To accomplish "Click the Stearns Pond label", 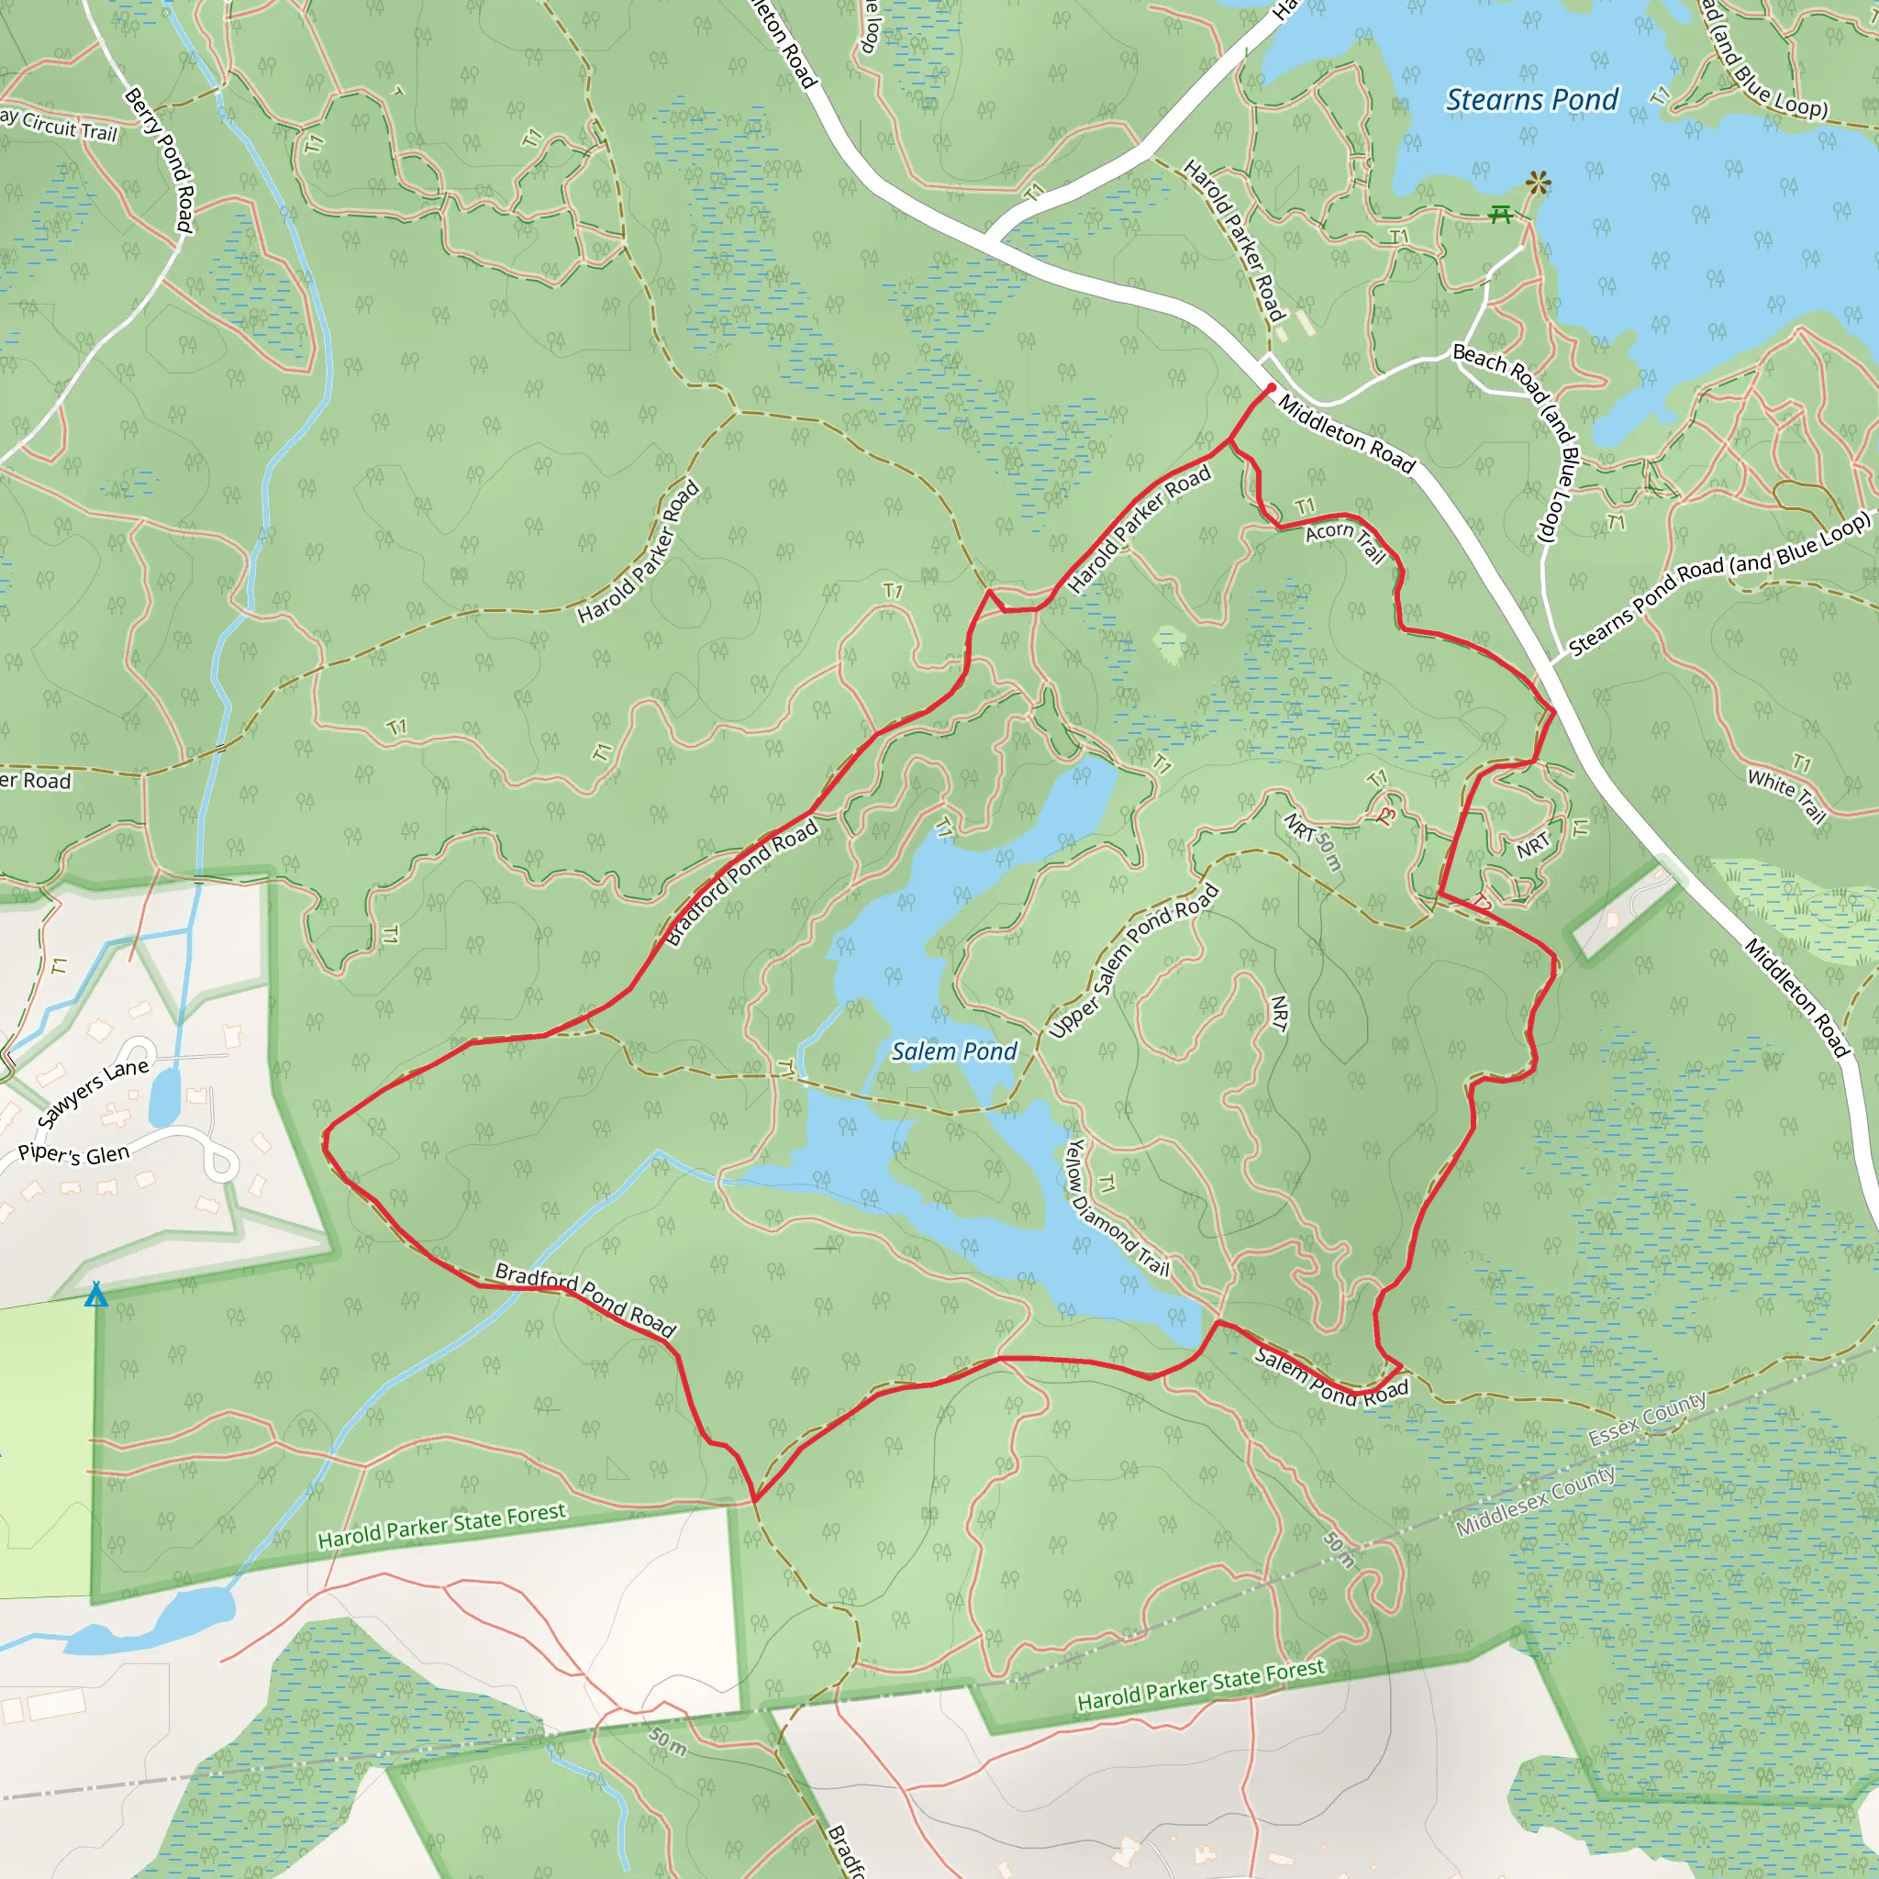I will [1532, 99].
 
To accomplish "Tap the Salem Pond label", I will [954, 1051].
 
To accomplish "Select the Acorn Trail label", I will [1345, 540].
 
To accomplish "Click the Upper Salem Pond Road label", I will [1134, 961].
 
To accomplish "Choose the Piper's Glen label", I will [74, 1154].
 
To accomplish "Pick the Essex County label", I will [1647, 1419].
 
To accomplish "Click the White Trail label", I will [1785, 795].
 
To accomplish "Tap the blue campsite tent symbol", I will [95, 1295].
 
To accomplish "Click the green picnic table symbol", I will [1501, 214].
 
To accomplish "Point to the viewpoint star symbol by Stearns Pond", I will [1538, 182].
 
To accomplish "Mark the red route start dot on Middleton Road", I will [1271, 388].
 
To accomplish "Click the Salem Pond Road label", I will [1330, 1377].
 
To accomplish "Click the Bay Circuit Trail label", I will [59, 125].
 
